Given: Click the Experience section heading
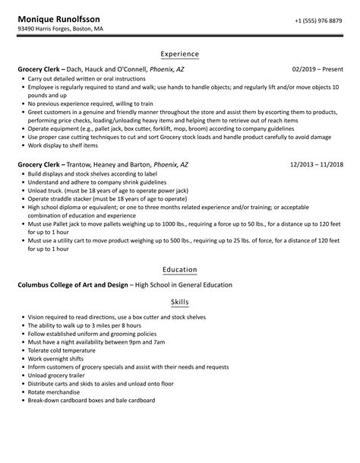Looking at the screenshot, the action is [180, 54].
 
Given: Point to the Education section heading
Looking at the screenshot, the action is [180, 269].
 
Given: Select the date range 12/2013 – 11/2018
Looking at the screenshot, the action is [317, 143].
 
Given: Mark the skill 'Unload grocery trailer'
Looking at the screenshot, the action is [56, 375].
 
